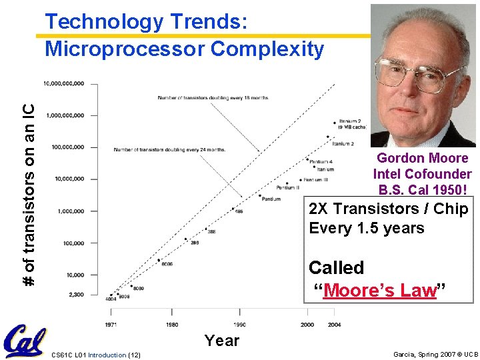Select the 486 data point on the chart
pyautogui.click(x=233, y=209)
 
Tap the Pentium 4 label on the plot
pyautogui.click(x=322, y=162)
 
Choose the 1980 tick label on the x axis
pyautogui.click(x=171, y=325)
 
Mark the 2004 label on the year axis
pyautogui.click(x=335, y=325)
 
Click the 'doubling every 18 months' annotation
pyautogui.click(x=213, y=98)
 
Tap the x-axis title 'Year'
pyautogui.click(x=222, y=341)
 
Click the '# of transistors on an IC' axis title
pyautogui.click(x=29, y=188)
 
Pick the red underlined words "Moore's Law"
pyautogui.click(x=379, y=291)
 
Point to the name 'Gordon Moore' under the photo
pyautogui.click(x=422, y=158)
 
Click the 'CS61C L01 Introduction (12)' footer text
pyautogui.click(x=95, y=355)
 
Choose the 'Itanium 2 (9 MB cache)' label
pyautogui.click(x=349, y=124)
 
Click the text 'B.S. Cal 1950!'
pyautogui.click(x=423, y=189)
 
